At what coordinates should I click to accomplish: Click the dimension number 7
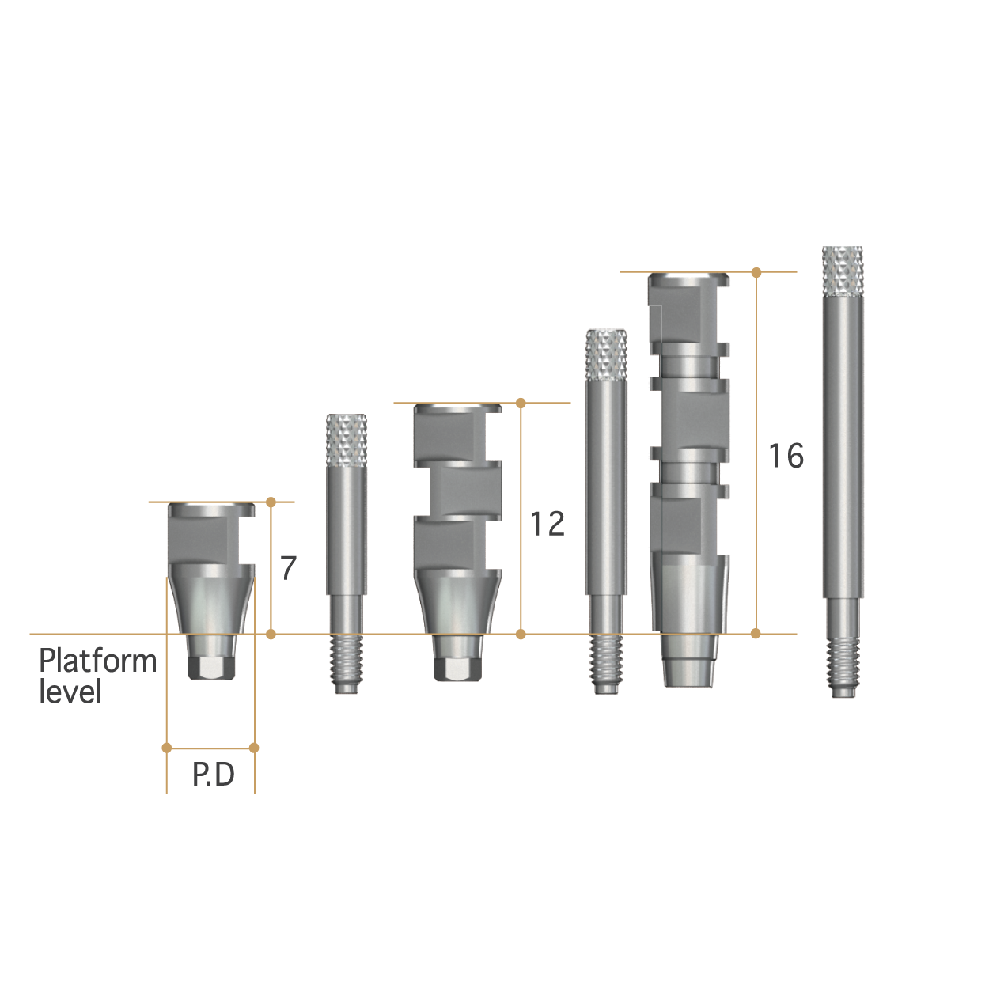[x=289, y=568]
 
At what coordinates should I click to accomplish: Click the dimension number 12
[x=548, y=524]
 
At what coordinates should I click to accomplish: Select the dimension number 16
[x=786, y=456]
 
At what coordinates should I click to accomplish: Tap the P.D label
[x=214, y=775]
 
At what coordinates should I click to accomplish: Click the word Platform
[x=98, y=661]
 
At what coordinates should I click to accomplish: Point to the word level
[x=70, y=692]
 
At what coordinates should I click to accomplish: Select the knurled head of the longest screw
[x=843, y=271]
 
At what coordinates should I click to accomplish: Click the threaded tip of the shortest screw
[x=347, y=665]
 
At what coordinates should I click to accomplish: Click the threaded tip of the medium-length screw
[x=606, y=665]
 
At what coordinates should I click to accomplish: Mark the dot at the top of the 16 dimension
[x=756, y=272]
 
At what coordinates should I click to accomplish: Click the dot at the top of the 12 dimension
[x=521, y=404]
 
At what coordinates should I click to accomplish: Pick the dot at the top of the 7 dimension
[x=271, y=502]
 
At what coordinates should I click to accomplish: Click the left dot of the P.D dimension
[x=166, y=748]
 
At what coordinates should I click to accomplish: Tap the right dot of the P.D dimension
[x=254, y=748]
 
